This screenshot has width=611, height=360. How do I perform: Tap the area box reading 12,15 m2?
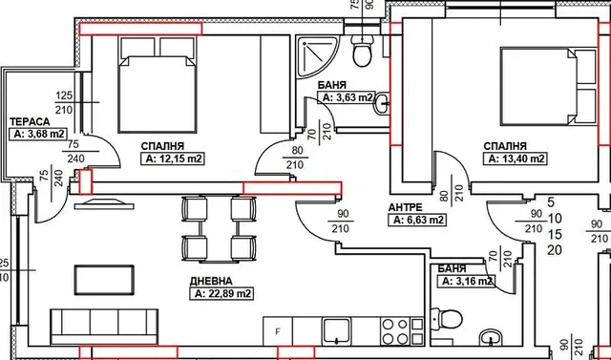173,159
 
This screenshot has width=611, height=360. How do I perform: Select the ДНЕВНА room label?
211,281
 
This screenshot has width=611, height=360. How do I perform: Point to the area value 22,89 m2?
221,293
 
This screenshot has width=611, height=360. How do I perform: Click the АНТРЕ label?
405,207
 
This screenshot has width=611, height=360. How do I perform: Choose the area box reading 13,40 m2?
516,159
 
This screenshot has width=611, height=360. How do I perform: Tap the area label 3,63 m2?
346,97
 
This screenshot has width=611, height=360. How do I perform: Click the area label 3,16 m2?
466,281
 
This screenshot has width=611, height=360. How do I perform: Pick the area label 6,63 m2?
417,221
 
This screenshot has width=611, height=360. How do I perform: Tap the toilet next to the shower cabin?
362,51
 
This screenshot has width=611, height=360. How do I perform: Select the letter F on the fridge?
278,332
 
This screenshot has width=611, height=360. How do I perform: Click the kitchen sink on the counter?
337,331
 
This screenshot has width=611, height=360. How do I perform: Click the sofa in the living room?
104,327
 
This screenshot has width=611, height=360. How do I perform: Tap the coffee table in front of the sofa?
104,280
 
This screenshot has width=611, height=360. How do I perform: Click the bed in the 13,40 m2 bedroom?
549,86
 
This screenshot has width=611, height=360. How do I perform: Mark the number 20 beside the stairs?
555,250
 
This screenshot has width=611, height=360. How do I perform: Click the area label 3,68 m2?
38,134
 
